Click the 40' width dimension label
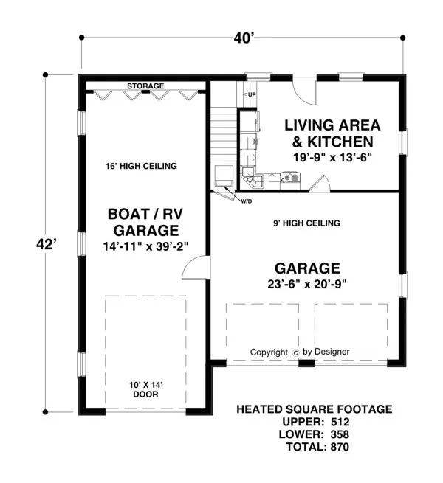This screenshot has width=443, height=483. click(244, 38)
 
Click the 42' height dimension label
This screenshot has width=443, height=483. click(47, 245)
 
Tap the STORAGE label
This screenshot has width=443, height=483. click(145, 86)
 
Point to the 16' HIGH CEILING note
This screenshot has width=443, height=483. click(141, 167)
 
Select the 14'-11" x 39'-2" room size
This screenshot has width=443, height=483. click(145, 246)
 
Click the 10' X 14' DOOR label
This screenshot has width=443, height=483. click(145, 389)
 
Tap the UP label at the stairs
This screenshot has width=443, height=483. click(252, 94)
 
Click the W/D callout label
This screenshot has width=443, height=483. click(246, 202)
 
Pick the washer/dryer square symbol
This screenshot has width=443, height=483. click(224, 176)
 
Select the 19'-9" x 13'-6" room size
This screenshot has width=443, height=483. click(332, 157)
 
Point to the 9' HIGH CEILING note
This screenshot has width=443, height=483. click(306, 223)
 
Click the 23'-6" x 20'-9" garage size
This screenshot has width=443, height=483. click(307, 284)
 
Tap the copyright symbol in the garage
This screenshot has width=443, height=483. click(295, 353)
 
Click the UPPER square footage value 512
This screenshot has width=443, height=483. click(340, 422)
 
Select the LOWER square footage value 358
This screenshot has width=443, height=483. click(340, 434)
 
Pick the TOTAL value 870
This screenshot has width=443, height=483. click(340, 447)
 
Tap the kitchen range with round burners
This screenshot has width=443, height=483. click(290, 178)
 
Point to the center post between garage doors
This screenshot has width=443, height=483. click(306, 364)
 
